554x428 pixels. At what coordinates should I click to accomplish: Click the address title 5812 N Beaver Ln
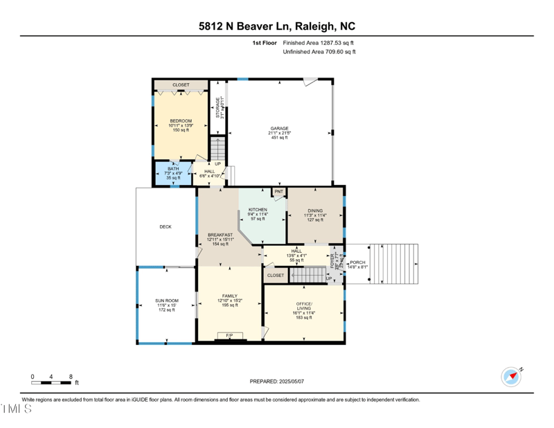pos(276,27)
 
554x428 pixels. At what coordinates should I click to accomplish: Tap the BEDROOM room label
pos(181,121)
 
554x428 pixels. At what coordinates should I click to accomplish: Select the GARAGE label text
pos(279,128)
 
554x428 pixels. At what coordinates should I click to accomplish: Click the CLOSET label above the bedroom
pos(181,85)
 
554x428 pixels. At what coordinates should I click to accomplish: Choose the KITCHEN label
pos(258,210)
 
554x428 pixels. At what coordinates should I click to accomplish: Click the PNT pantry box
pos(279,191)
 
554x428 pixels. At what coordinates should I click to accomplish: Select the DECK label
pos(166,226)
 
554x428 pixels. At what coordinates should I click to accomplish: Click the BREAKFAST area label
pos(220,235)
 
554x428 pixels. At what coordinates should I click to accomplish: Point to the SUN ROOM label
pos(166,301)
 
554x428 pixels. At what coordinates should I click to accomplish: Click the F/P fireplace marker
pos(229,336)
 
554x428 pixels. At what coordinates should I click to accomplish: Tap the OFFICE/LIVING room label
pos(304,307)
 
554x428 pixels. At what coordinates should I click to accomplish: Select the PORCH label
pos(358,262)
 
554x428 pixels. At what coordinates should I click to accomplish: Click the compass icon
pos(510,377)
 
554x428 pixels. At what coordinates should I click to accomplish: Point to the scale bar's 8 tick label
pos(71,376)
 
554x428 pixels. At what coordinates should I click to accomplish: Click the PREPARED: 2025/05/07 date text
pos(277,382)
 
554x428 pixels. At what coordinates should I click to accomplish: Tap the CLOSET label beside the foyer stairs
pos(276,275)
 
